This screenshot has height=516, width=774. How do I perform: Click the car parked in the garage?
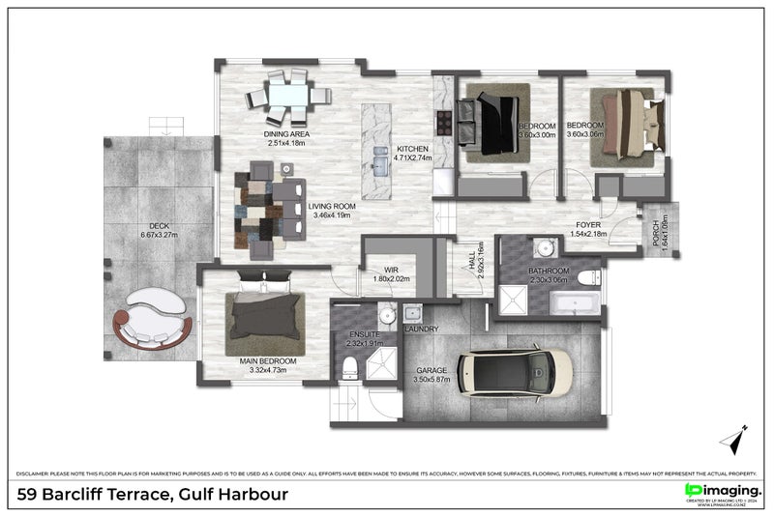coord(515,373)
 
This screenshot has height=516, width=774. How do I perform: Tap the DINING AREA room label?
coord(285,134)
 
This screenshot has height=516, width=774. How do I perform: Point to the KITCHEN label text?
coord(412,149)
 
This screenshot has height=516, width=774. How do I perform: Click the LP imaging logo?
coord(723,494)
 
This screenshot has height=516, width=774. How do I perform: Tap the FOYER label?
coord(588,223)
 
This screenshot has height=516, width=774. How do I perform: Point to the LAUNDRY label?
coord(422,330)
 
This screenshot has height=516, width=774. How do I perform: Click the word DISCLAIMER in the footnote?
coord(37,473)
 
